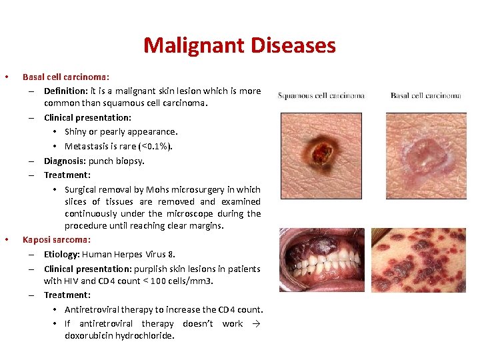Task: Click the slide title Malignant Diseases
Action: click(x=239, y=45)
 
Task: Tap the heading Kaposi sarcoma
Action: click(x=56, y=239)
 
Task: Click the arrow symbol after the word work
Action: click(x=256, y=323)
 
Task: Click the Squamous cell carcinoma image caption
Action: click(x=321, y=96)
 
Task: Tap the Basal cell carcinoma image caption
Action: click(x=425, y=96)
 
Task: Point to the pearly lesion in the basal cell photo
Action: click(x=427, y=153)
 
